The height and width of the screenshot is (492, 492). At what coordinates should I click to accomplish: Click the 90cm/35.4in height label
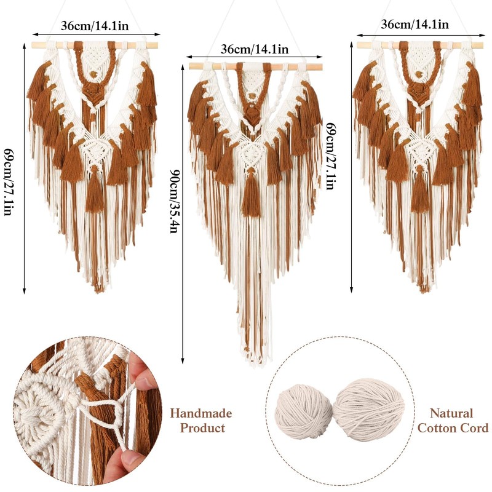coord(174,202)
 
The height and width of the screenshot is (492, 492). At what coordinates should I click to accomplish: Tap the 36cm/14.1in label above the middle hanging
coord(255,49)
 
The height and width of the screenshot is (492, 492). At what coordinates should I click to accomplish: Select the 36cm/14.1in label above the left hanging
coord(95,25)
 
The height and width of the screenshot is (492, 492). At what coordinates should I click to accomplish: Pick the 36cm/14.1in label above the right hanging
coord(415,24)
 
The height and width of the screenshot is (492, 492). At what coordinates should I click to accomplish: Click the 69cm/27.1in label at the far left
coord(9,181)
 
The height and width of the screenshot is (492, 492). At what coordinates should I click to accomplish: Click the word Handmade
coord(201,413)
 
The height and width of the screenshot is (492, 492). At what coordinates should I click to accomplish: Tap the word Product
coord(202,428)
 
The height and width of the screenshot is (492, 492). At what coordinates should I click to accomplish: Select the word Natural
coord(451,413)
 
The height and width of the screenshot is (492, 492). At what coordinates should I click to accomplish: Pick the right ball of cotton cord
coord(368,410)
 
